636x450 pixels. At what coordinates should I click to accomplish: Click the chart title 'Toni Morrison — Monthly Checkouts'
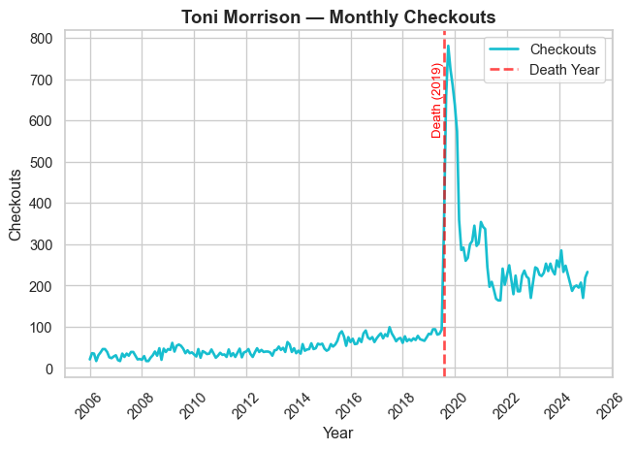pos(338,16)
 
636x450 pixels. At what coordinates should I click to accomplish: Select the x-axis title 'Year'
pos(338,433)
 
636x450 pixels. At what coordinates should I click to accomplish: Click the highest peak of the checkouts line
pos(448,46)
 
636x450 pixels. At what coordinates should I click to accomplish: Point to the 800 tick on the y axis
pos(40,39)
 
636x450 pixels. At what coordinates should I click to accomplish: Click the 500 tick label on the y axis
pos(40,163)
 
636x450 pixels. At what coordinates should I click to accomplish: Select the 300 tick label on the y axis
pos(40,245)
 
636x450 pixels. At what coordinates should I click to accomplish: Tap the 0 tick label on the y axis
pos(47,370)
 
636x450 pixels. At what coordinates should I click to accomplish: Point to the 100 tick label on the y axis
pos(40,328)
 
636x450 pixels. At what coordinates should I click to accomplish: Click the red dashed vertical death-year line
pos(444,242)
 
